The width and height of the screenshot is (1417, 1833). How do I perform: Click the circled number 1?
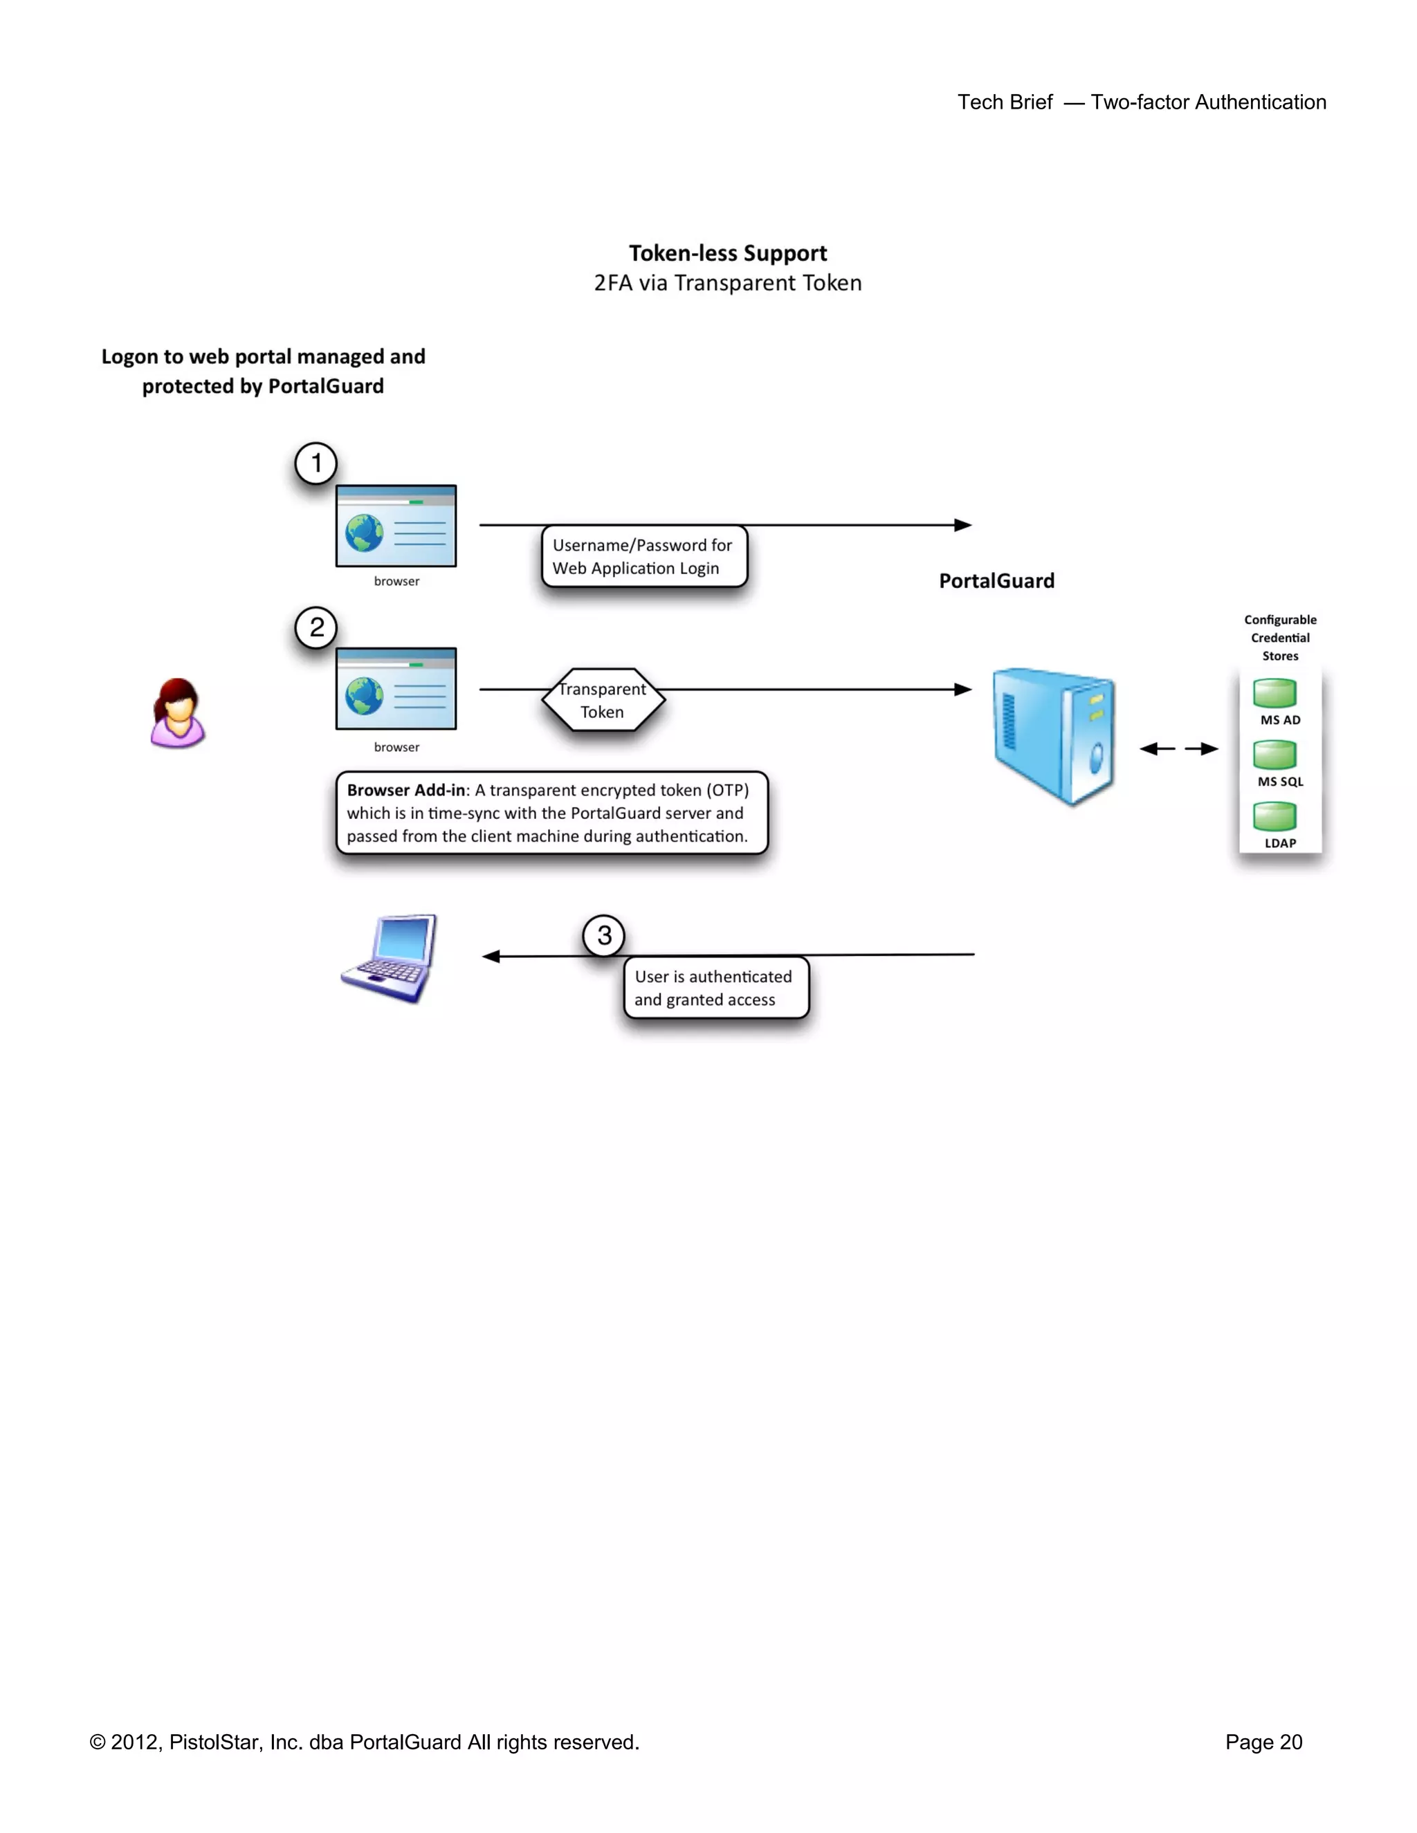[x=316, y=463]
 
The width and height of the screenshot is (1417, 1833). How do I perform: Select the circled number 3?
[x=603, y=935]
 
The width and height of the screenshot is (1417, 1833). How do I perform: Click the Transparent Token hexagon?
[x=603, y=700]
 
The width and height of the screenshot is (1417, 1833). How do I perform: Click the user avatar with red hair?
[x=177, y=713]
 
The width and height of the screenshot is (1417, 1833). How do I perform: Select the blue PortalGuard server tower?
[x=1054, y=735]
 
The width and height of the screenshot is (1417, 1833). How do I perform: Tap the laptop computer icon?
[x=391, y=959]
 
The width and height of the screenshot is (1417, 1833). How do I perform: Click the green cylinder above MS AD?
[x=1274, y=693]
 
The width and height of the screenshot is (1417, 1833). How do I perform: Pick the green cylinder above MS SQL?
[x=1274, y=754]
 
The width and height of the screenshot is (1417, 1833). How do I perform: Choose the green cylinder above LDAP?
[x=1274, y=816]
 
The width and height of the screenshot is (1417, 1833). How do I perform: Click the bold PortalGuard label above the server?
[x=996, y=581]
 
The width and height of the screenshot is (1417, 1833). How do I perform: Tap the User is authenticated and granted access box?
[x=715, y=988]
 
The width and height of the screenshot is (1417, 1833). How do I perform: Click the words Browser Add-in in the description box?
[x=405, y=791]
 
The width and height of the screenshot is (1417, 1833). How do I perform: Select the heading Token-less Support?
[x=728, y=253]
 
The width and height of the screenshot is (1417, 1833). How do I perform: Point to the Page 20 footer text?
[x=1263, y=1742]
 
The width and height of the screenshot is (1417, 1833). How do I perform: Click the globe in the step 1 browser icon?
[x=365, y=533]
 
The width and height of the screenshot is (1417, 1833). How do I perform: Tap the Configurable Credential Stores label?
[x=1279, y=638]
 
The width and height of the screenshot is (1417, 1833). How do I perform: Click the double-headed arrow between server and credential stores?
[x=1178, y=748]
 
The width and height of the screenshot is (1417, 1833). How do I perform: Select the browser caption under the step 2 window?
[x=396, y=747]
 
